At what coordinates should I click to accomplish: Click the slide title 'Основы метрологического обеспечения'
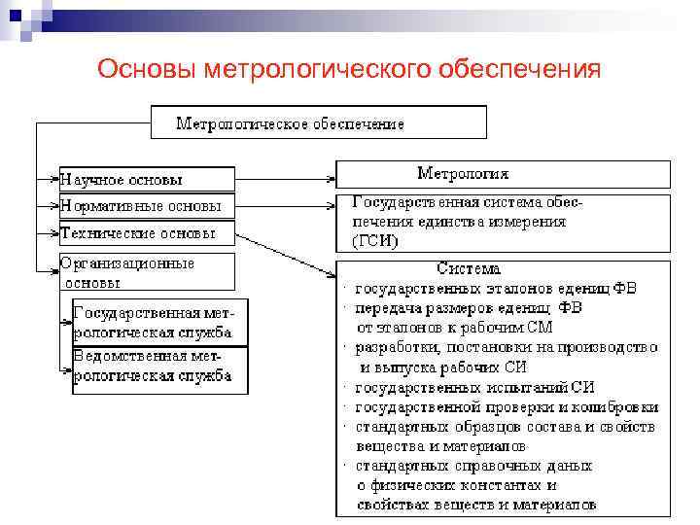(350, 70)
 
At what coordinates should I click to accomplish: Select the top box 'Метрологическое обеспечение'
(318, 123)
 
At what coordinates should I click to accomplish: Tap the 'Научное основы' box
(146, 180)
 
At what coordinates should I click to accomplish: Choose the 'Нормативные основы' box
(146, 206)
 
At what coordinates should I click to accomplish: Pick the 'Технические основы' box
(146, 233)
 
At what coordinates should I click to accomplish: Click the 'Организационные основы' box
(146, 272)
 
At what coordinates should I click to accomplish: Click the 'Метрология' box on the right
(503, 174)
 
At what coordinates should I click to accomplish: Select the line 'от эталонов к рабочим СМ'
(455, 327)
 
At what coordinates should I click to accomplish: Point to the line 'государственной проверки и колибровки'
(507, 406)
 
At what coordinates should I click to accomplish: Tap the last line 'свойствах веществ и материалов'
(476, 505)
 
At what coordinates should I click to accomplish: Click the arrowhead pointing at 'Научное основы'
(54, 179)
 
